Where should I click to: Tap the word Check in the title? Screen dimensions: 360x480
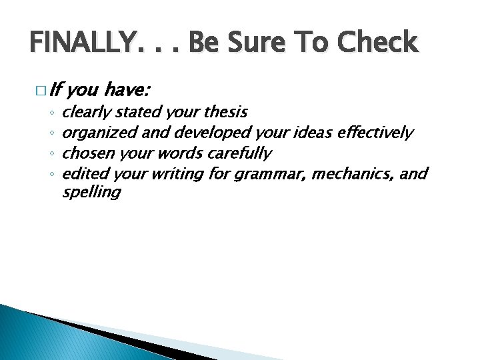377,43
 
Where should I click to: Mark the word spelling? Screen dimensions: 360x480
91,194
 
